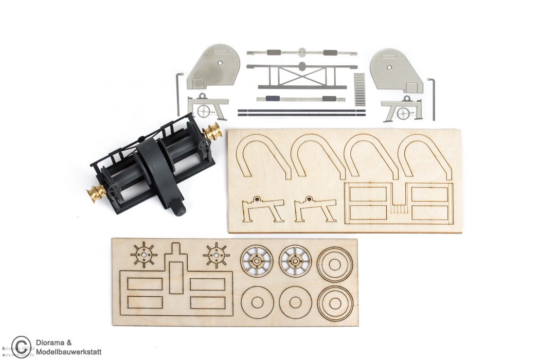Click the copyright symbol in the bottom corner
21,346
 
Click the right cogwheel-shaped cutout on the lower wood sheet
216,254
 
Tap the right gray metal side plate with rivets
395,70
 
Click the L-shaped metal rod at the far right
431,98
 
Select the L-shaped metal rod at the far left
178,93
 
